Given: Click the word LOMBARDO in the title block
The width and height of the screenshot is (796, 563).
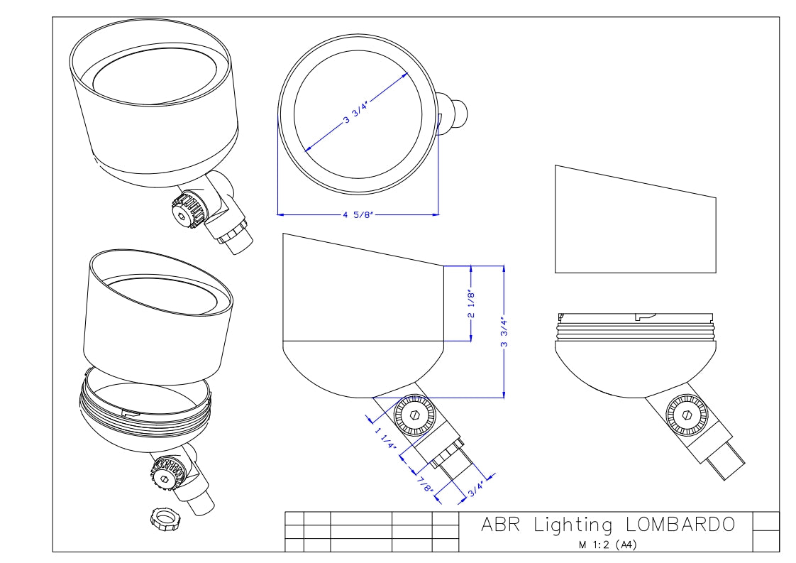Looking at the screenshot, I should [x=680, y=525].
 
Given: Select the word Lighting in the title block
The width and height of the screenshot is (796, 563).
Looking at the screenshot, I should [x=573, y=525].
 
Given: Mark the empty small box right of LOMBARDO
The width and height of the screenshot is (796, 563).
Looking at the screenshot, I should [x=765, y=521].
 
